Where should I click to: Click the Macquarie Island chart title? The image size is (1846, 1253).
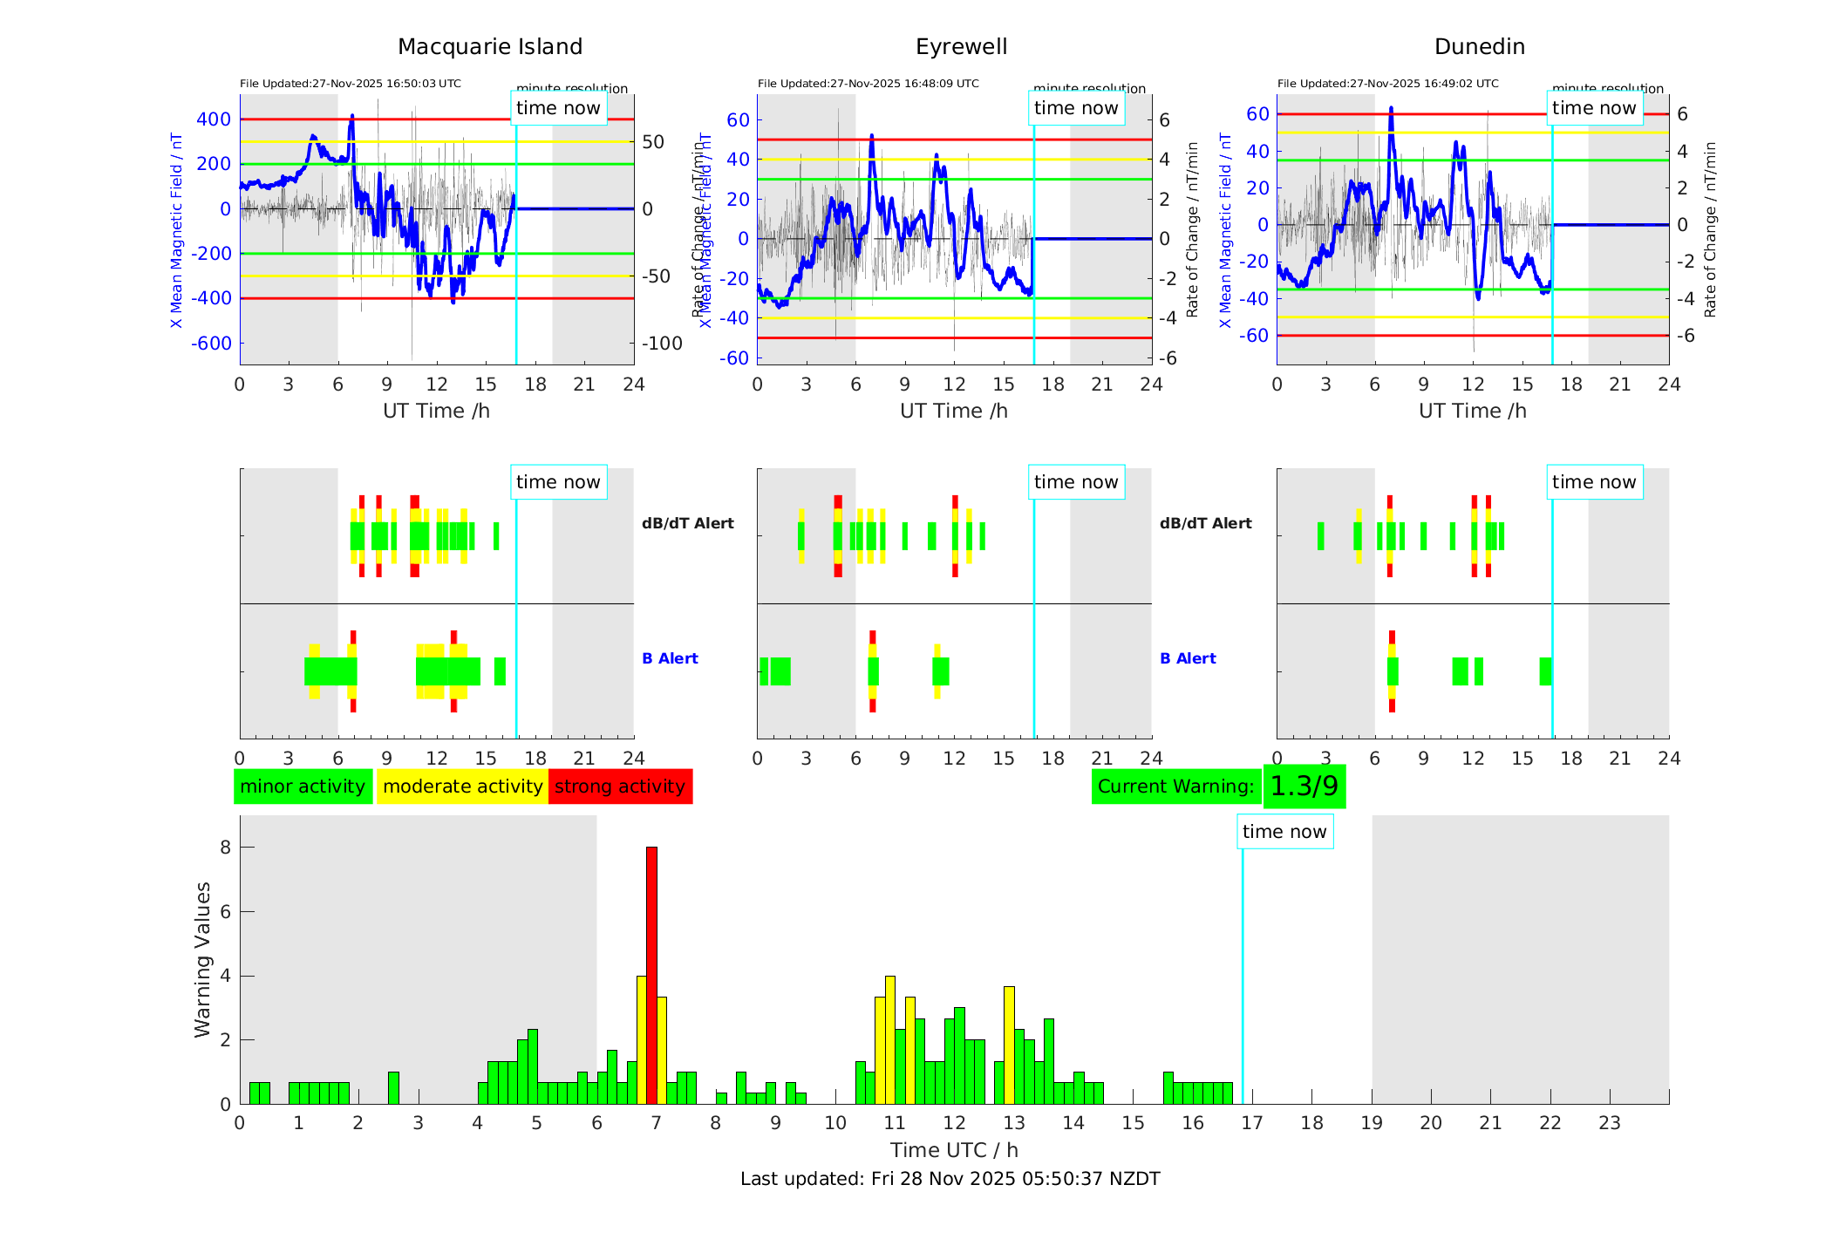(489, 47)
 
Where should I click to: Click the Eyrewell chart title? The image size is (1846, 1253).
(961, 47)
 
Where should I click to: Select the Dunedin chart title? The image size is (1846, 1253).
(1479, 47)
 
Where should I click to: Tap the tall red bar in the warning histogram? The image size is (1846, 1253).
(651, 972)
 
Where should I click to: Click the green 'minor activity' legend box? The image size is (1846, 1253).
(303, 787)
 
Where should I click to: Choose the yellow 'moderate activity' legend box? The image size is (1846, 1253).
(462, 787)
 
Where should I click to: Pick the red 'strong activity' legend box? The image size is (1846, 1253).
(620, 787)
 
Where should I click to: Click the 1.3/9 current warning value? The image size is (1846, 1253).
(1304, 787)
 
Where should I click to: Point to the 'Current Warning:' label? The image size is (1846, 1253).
(1175, 787)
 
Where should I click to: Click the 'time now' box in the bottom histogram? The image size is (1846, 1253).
(1284, 832)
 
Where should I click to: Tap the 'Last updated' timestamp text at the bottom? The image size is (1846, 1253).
(950, 1179)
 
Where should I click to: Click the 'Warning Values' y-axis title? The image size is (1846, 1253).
(202, 959)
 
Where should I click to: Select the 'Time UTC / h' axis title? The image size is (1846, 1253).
(954, 1150)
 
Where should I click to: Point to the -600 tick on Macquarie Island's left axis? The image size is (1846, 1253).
(211, 344)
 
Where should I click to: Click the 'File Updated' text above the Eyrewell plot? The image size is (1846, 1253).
(868, 84)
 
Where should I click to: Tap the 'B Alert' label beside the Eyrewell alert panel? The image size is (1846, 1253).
(1188, 658)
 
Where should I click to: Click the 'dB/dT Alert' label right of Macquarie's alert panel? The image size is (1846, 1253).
(687, 523)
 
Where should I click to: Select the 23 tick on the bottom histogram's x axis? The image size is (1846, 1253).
(1609, 1123)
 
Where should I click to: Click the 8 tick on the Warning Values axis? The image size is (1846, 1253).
(225, 847)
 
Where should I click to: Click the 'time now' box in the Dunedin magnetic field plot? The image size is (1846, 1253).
(1594, 108)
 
